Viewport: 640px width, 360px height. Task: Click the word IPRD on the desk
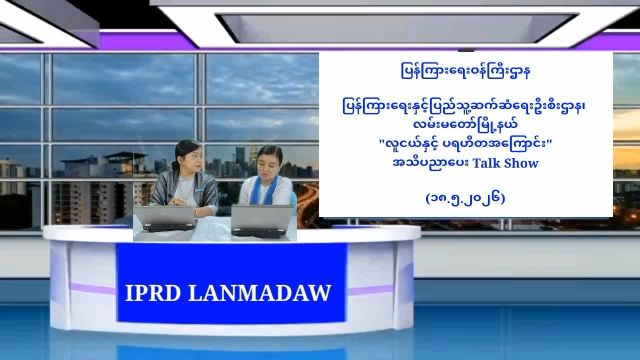tap(153, 293)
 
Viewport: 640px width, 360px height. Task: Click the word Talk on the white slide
tap(486, 163)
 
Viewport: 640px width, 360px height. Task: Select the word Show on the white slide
tap(521, 163)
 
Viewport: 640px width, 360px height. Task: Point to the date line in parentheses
tap(465, 198)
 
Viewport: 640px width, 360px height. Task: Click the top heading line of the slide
tap(465, 72)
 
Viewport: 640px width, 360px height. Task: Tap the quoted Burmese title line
tap(465, 144)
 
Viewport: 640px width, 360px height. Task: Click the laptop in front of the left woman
tap(165, 218)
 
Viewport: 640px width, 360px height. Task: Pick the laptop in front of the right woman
tap(262, 220)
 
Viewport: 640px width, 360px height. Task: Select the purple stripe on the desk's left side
tap(93, 289)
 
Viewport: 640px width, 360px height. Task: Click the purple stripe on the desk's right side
tap(371, 290)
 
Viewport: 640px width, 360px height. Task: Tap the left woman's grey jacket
tap(185, 190)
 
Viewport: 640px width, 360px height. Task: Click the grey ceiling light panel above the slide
tap(397, 27)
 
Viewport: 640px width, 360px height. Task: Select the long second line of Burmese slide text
tap(465, 107)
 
